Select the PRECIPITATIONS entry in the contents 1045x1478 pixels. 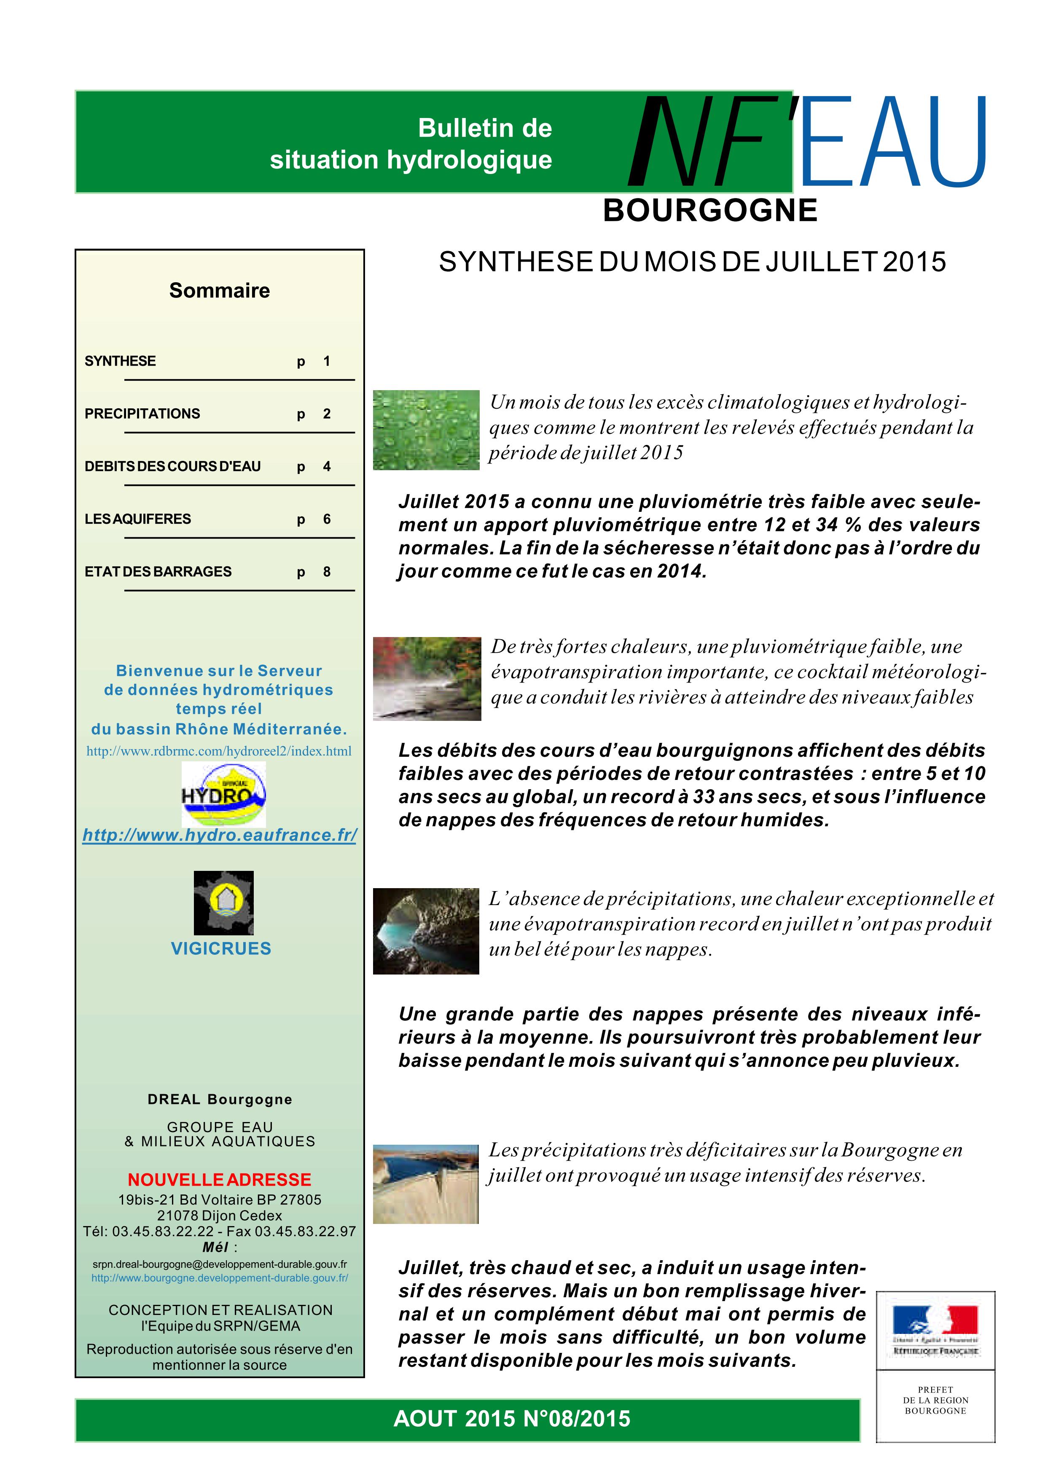pyautogui.click(x=142, y=414)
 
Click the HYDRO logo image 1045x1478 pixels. pyautogui.click(x=223, y=794)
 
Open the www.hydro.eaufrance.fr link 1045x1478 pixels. pyautogui.click(x=220, y=835)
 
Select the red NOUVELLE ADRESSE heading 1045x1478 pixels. pyautogui.click(x=220, y=1180)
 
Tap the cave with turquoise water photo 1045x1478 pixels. pyautogui.click(x=426, y=931)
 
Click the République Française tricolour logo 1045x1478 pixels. pyautogui.click(x=935, y=1330)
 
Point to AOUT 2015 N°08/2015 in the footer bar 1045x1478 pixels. pyautogui.click(x=512, y=1419)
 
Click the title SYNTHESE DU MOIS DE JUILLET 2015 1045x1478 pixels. pyautogui.click(x=692, y=262)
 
